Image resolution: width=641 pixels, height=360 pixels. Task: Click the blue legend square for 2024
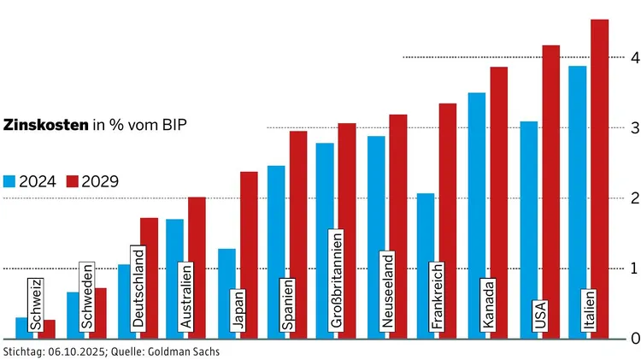tap(9, 181)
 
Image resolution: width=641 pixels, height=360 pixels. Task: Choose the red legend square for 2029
tap(72, 181)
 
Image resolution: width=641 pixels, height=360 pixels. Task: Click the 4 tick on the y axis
tap(634, 57)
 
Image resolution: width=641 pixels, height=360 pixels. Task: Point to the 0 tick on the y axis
tap(634, 339)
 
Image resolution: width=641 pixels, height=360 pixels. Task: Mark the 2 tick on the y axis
tap(634, 198)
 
